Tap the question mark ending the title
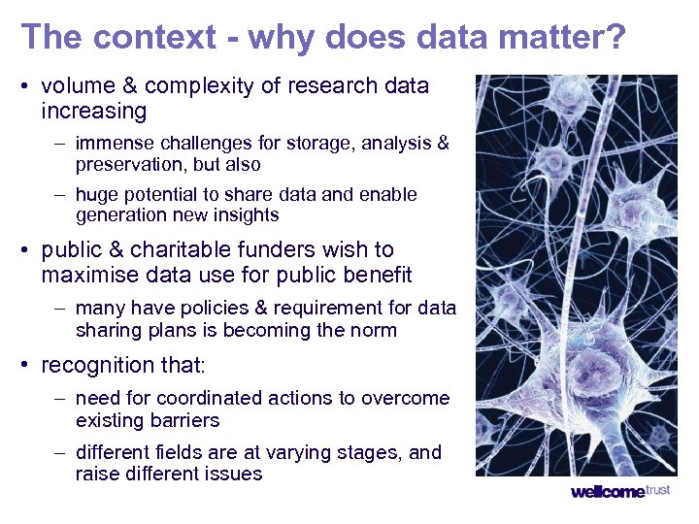click(x=615, y=37)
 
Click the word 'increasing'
click(x=93, y=111)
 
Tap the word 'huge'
click(x=95, y=194)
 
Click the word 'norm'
click(x=375, y=330)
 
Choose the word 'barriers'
click(x=183, y=420)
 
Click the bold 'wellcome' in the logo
click(x=607, y=492)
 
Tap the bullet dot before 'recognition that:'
click(x=26, y=367)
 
